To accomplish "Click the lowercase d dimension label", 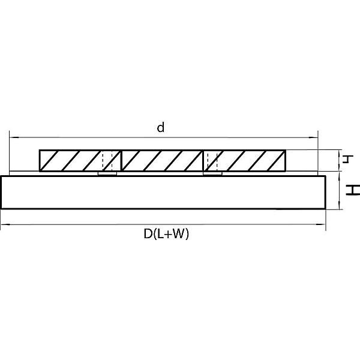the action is [x=161, y=127].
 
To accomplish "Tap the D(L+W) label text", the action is [x=166, y=234].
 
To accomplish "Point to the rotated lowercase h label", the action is [x=347, y=159].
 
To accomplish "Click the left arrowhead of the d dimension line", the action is [x=14, y=137].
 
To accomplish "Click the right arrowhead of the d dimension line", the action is [x=313, y=137].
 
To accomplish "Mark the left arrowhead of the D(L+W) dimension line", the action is [x=5, y=224].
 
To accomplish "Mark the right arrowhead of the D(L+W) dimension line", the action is [x=322, y=224].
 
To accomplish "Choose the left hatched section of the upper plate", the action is [x=80, y=161].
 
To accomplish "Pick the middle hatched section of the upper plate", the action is [x=162, y=161].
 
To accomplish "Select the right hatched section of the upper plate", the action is [x=245, y=161].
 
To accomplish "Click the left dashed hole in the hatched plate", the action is [x=107, y=161].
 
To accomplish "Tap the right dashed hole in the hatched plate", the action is [x=212, y=161].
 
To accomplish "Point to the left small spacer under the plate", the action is [x=107, y=173].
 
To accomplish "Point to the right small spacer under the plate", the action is [x=212, y=173].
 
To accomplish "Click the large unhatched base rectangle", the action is [x=163, y=193].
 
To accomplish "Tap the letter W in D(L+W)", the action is [x=178, y=234].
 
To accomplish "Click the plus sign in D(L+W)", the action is [x=167, y=235].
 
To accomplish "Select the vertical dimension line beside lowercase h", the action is [x=339, y=160].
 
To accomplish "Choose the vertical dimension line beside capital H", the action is [x=339, y=190].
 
